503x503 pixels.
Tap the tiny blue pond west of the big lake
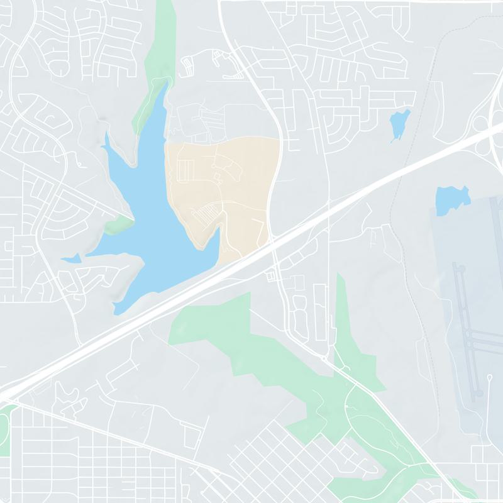point(70,258)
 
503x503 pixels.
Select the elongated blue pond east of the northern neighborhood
point(399,124)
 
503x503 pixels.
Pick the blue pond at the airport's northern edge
point(452,199)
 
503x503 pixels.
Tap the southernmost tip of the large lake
point(116,312)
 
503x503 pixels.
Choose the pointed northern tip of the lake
point(167,82)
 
